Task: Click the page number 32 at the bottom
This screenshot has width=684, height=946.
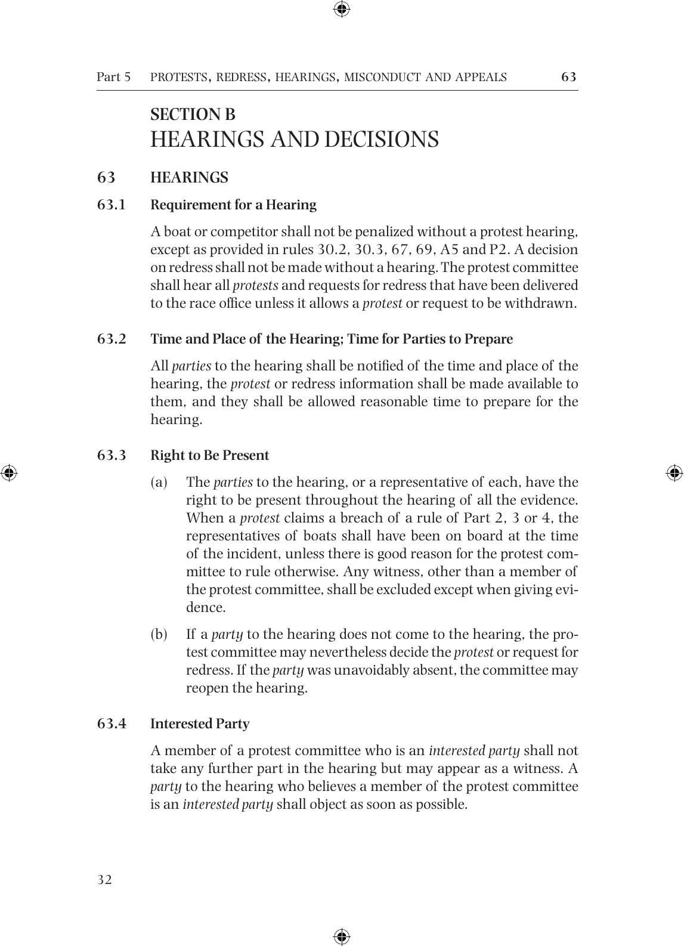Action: coord(104,880)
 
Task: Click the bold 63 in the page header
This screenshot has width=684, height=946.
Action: coord(568,77)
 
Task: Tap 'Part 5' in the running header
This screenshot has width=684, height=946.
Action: coord(113,77)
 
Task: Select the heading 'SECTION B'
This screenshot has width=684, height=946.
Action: coord(193,114)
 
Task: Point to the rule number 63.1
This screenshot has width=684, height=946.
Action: coord(112,205)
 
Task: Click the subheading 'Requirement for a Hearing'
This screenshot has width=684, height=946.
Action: coord(233,205)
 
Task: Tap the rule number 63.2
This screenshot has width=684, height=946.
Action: coord(112,339)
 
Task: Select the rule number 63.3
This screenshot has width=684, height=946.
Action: coord(112,455)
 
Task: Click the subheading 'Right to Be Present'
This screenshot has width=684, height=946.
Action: coord(209,455)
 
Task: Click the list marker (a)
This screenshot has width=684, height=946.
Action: coord(159,482)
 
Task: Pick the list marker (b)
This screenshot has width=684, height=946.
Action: coord(159,634)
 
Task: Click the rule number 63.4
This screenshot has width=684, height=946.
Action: coord(112,724)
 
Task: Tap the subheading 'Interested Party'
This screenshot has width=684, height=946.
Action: coord(200,724)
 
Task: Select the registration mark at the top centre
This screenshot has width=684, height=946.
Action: coord(342,9)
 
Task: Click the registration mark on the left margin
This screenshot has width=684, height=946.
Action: coord(9,473)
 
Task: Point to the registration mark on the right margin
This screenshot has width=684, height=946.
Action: coord(674,473)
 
